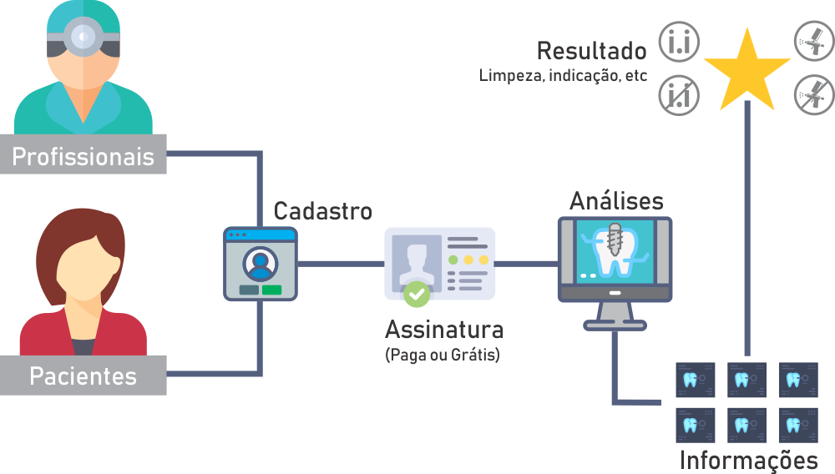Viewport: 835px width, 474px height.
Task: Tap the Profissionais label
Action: tap(83, 156)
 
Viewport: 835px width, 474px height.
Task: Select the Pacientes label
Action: tap(83, 376)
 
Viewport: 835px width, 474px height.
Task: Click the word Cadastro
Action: tap(323, 210)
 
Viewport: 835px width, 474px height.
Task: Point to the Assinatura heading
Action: tap(444, 328)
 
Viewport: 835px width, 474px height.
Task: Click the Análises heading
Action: tap(616, 201)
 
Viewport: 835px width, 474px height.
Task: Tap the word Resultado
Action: tap(591, 51)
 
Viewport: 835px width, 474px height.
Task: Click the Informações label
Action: tap(748, 459)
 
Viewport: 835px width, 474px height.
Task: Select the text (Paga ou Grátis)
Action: tap(443, 355)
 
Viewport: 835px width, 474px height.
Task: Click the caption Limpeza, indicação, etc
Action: tap(564, 76)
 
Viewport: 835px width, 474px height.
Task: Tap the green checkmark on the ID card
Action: tap(417, 294)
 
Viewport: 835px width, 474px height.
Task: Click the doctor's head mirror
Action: tap(82, 36)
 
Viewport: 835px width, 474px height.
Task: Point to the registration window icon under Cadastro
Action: tap(261, 263)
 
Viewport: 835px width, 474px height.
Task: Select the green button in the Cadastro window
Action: tap(271, 290)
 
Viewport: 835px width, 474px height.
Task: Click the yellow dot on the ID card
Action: tap(468, 260)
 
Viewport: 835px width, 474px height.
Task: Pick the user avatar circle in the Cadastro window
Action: tap(261, 262)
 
